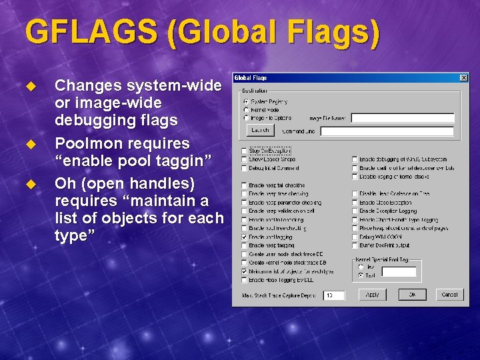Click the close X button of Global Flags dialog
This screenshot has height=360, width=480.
tap(464, 78)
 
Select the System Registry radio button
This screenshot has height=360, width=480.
tap(246, 102)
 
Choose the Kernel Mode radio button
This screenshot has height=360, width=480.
tap(246, 110)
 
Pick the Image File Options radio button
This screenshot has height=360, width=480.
tap(246, 118)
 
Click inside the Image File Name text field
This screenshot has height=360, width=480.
tap(402, 119)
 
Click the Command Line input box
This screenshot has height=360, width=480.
tap(387, 131)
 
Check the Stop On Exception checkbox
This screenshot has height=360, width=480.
tap(244, 151)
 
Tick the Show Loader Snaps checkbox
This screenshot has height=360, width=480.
tap(244, 159)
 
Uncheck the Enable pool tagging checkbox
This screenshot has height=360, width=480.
tap(244, 237)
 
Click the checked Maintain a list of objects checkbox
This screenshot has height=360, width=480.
tap(244, 271)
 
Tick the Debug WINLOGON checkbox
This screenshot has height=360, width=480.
tap(355, 237)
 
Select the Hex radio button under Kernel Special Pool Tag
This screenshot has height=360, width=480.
tap(361, 267)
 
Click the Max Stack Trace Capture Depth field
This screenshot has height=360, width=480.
tap(333, 295)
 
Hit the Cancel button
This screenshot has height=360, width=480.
tap(450, 294)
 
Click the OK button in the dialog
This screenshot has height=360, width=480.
tap(413, 294)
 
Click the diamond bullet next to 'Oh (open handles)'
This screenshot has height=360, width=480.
tap(29, 183)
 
